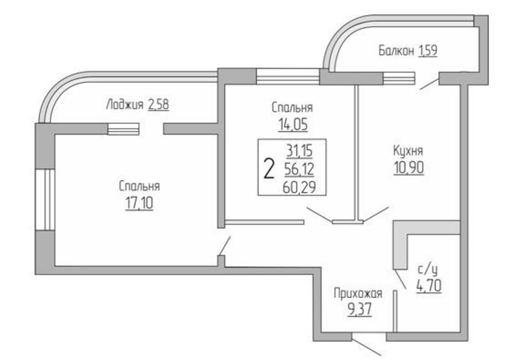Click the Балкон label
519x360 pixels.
395,51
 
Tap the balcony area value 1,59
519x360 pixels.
427,51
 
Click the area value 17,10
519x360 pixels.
140,203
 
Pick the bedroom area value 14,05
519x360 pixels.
292,124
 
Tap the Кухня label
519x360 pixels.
409,151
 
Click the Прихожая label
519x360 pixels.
358,293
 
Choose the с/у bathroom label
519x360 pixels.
428,270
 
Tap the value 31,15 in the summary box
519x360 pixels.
299,151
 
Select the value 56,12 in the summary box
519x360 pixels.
299,169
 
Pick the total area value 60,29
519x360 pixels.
299,186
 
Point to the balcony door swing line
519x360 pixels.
428,83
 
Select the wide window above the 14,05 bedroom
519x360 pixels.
287,76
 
